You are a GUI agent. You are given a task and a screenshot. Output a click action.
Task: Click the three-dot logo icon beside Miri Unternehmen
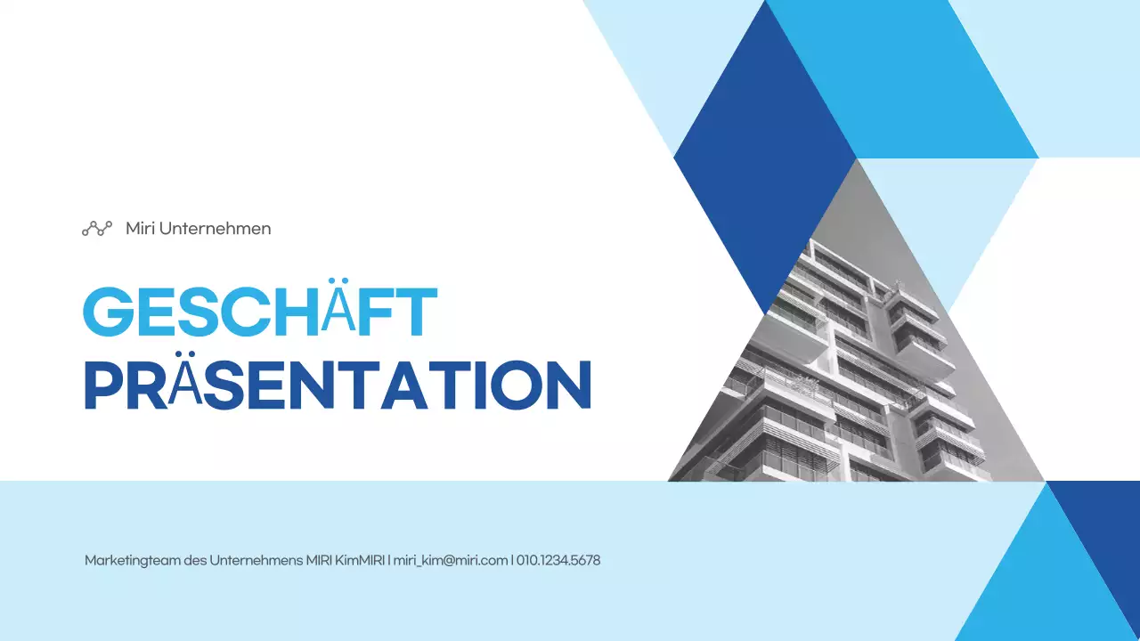[97, 229]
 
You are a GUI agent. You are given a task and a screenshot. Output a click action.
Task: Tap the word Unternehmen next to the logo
[215, 229]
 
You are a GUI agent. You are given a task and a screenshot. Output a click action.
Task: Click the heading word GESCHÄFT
[259, 311]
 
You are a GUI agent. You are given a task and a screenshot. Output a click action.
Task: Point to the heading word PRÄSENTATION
[338, 385]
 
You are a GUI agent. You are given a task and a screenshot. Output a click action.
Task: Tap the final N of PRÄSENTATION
[566, 385]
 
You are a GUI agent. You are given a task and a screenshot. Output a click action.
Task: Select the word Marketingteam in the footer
[131, 561]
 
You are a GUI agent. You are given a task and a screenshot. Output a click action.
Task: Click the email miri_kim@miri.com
[451, 561]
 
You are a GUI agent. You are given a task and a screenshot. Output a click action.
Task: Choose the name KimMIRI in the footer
[360, 561]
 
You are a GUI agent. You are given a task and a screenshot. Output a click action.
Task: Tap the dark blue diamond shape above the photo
[764, 156]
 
